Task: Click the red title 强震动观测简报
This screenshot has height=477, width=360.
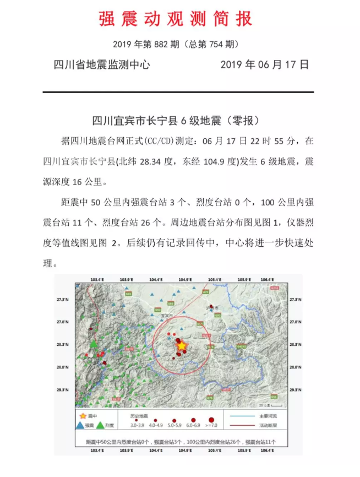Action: [x=176, y=18]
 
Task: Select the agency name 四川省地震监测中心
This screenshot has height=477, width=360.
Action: [x=102, y=64]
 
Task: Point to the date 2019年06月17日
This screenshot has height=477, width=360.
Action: [x=264, y=64]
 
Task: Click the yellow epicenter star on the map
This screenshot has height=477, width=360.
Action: [x=182, y=345]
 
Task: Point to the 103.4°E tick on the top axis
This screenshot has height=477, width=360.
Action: [x=97, y=280]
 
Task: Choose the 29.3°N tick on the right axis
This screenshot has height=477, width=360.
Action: [x=295, y=389]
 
